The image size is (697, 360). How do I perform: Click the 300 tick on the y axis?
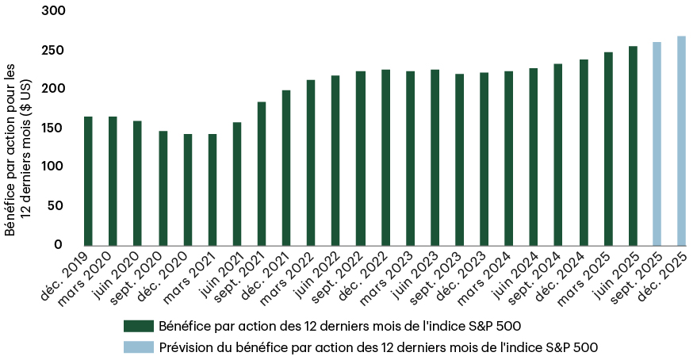click(x=54, y=12)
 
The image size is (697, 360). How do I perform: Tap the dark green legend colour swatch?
click(x=138, y=326)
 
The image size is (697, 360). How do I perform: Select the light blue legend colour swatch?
click(x=138, y=347)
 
